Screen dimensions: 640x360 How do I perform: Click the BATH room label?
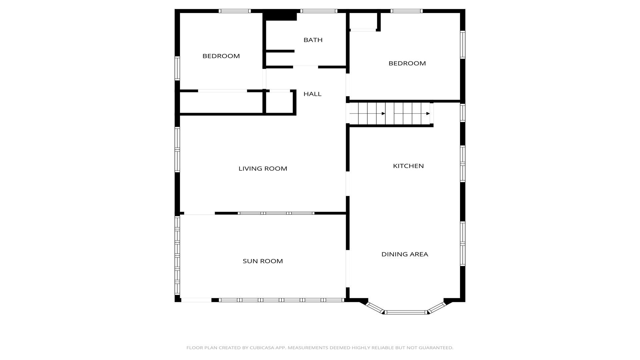(x=313, y=40)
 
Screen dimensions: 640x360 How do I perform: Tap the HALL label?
(x=312, y=94)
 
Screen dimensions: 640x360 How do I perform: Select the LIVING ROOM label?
(x=263, y=169)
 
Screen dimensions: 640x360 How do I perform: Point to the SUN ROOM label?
(x=263, y=261)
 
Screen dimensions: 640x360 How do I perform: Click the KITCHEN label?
(x=408, y=166)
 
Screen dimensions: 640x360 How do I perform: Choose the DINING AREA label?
(x=405, y=254)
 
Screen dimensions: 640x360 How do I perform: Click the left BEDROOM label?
(x=221, y=56)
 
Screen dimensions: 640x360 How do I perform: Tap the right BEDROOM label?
(x=407, y=63)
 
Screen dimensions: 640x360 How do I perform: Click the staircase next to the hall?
(x=390, y=114)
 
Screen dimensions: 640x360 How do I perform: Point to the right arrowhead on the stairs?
(x=428, y=114)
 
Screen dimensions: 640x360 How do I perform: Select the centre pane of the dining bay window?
(x=406, y=312)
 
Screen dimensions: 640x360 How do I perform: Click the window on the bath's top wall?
(x=319, y=11)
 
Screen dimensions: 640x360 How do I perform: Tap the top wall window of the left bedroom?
(x=235, y=11)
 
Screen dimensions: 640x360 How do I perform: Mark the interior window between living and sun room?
(x=276, y=213)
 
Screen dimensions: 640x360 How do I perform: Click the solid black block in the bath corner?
(x=280, y=16)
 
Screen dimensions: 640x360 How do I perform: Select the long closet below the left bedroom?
(x=221, y=102)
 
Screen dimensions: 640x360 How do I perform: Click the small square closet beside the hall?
(x=279, y=102)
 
